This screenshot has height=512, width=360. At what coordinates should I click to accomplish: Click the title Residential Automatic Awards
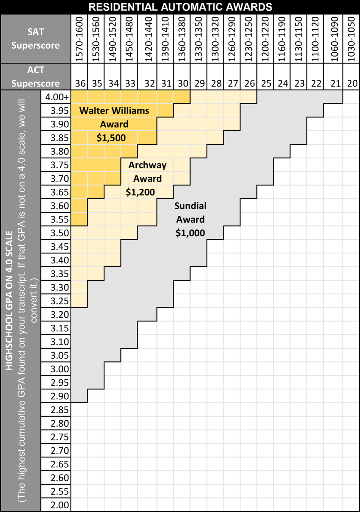[x=180, y=7]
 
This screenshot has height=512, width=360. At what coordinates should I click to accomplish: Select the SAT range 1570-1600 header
[x=79, y=39]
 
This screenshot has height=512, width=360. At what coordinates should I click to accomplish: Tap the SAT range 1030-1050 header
[x=351, y=39]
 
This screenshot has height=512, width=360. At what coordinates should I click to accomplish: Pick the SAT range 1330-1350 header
[x=199, y=39]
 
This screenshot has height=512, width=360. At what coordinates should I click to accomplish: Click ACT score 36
[x=80, y=83]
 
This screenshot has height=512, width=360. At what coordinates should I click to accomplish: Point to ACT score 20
[x=352, y=83]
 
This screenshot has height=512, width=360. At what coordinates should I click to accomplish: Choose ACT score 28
[x=216, y=83]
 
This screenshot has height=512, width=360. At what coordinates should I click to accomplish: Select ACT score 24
[x=283, y=83]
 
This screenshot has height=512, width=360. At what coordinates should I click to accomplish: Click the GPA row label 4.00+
[x=57, y=97]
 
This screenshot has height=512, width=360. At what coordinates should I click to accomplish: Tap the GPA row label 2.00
[x=60, y=505]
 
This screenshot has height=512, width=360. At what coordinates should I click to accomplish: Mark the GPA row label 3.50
[x=60, y=233]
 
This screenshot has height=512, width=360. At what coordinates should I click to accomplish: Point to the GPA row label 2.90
[x=60, y=396]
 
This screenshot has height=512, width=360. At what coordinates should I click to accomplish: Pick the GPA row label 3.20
[x=60, y=314]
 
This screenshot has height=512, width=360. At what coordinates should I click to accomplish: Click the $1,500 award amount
[x=111, y=138]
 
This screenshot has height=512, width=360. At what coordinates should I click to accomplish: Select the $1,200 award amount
[x=140, y=192]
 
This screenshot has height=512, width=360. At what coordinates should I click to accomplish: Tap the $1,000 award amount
[x=190, y=233]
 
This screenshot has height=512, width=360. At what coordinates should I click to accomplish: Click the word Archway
[x=147, y=165]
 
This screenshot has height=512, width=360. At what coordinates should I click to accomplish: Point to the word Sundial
[x=190, y=206]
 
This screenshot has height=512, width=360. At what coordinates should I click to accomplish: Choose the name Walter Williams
[x=114, y=110]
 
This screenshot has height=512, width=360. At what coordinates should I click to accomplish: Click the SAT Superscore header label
[x=36, y=39]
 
